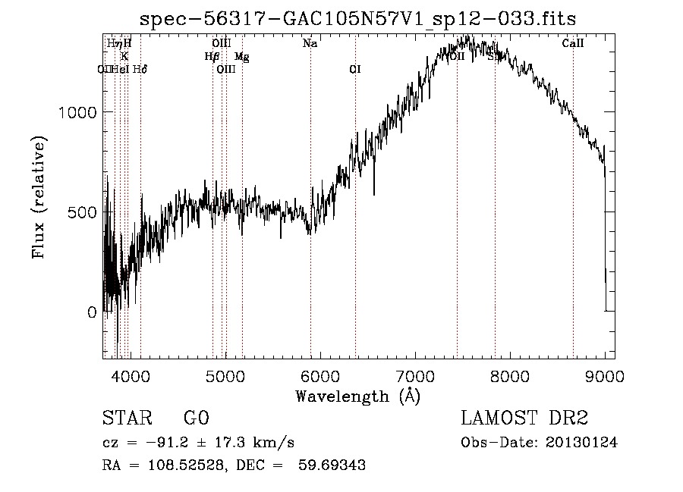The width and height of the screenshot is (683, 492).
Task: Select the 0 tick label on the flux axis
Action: tap(92, 312)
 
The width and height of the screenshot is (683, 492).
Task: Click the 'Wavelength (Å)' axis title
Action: tap(357, 396)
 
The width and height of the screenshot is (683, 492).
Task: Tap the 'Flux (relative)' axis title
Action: tap(39, 197)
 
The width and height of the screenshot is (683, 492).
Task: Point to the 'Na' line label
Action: tap(310, 44)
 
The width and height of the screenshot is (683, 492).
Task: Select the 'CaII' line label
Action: tap(573, 44)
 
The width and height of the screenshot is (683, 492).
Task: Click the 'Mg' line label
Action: tap(241, 57)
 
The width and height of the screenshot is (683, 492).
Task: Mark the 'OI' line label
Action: tap(354, 70)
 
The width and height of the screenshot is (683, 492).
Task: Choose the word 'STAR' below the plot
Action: tap(126, 418)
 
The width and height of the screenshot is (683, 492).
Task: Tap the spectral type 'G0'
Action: tap(196, 418)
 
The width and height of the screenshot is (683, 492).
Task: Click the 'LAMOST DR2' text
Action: tap(524, 418)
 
